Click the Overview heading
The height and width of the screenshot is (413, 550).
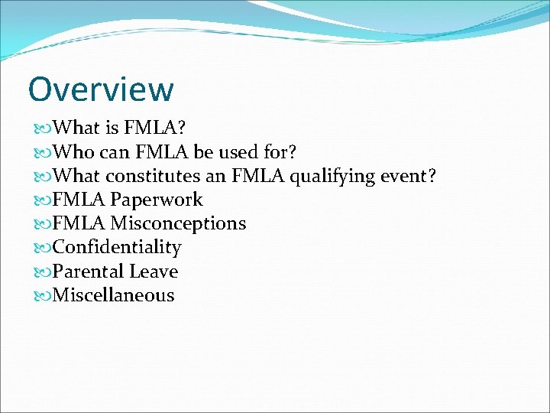pos(101,89)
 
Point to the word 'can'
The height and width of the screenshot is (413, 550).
pos(114,151)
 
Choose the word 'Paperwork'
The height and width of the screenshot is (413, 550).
pos(157,200)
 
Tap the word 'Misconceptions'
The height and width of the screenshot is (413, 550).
pos(178,223)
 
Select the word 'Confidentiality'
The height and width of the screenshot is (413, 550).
pos(117,247)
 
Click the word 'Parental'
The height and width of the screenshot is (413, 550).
pos(89,271)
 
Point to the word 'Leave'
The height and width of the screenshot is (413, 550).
pos(154,271)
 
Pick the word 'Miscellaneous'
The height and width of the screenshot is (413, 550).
pos(114,295)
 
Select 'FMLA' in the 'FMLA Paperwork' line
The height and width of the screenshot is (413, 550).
pos(79,200)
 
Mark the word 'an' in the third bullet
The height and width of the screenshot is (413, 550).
pos(216,176)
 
